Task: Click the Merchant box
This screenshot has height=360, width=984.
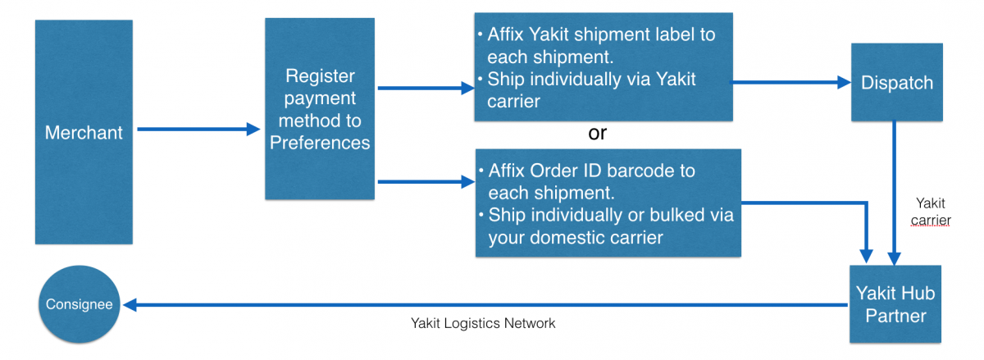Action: pos(84,132)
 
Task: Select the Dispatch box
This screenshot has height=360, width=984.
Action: pos(897,82)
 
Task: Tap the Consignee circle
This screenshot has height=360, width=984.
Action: pos(80,304)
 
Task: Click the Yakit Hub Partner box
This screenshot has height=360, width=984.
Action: pos(895,304)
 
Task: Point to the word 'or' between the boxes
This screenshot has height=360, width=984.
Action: pos(598,133)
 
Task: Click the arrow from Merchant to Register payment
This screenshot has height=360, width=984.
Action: pos(199,130)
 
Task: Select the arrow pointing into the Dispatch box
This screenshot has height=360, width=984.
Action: pos(790,82)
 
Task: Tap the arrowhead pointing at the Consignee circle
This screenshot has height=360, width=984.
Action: pos(130,304)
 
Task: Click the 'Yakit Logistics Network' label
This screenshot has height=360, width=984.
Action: pos(483,324)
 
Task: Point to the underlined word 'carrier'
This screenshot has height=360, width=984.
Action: pos(931,221)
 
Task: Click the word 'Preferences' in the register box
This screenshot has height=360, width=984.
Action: pos(320,143)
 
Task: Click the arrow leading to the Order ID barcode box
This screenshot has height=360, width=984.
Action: pos(426,181)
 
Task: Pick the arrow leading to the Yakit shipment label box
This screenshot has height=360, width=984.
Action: pos(426,88)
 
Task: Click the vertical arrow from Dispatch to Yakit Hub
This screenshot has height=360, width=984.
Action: pos(895,193)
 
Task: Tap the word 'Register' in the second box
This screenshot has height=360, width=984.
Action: pos(320,76)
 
